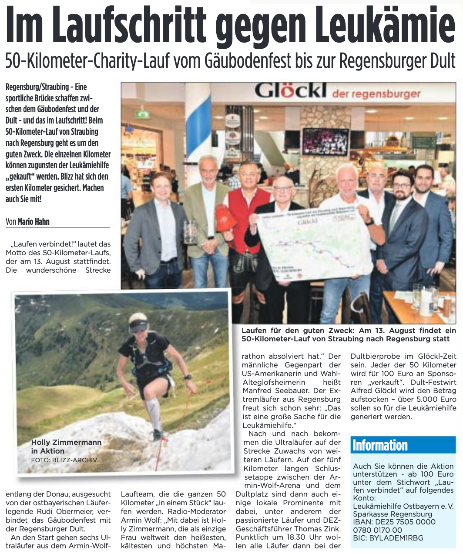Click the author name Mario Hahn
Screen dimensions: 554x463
(34, 221)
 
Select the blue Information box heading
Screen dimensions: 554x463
(380, 445)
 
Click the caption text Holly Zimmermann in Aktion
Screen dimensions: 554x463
(66, 446)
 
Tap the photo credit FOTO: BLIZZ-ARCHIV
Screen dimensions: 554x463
(64, 460)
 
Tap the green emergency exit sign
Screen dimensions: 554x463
(142, 114)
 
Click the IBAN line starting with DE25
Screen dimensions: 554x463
(394, 522)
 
